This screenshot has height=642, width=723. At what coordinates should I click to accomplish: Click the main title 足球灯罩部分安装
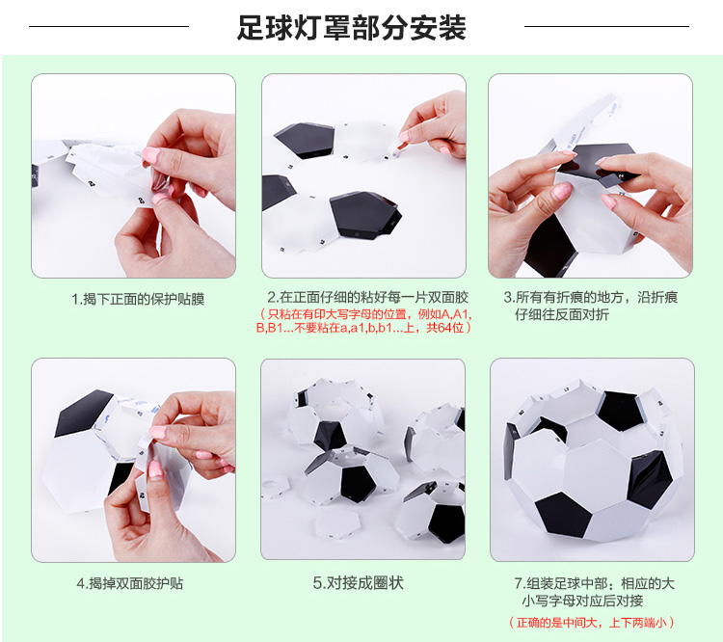[x=351, y=28]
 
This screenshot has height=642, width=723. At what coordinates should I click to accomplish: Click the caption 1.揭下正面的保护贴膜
[x=138, y=300]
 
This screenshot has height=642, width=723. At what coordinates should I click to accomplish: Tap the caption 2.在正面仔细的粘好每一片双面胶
[x=367, y=297]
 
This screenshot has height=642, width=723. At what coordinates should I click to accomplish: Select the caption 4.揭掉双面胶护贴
[x=130, y=583]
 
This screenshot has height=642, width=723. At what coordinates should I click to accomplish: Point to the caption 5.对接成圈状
[x=359, y=583]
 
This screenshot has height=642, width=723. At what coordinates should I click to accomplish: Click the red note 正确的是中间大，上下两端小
[x=592, y=623]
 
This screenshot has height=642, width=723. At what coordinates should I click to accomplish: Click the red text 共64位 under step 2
[x=445, y=328]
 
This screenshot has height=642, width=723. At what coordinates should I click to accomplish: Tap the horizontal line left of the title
[x=109, y=26]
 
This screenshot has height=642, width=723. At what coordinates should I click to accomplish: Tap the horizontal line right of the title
[x=606, y=26]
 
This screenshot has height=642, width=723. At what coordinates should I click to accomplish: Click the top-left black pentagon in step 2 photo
[x=306, y=139]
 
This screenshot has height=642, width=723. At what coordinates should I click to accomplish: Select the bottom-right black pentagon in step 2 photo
[x=364, y=215]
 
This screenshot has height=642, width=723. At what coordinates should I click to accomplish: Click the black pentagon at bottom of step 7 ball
[x=564, y=514]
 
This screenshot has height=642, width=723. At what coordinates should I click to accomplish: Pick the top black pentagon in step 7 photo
[x=620, y=410]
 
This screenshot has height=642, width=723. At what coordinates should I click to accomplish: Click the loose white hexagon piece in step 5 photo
[x=337, y=524]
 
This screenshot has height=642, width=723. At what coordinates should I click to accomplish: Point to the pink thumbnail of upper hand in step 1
[x=150, y=155]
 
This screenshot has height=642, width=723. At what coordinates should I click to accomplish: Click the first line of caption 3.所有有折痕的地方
[x=591, y=297]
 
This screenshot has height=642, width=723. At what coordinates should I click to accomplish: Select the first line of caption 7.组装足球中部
[x=595, y=583]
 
